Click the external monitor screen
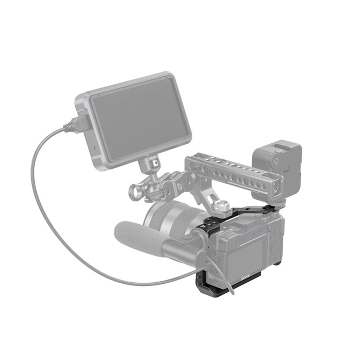(140, 118)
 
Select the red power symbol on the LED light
(276, 161)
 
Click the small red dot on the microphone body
(190, 236)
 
